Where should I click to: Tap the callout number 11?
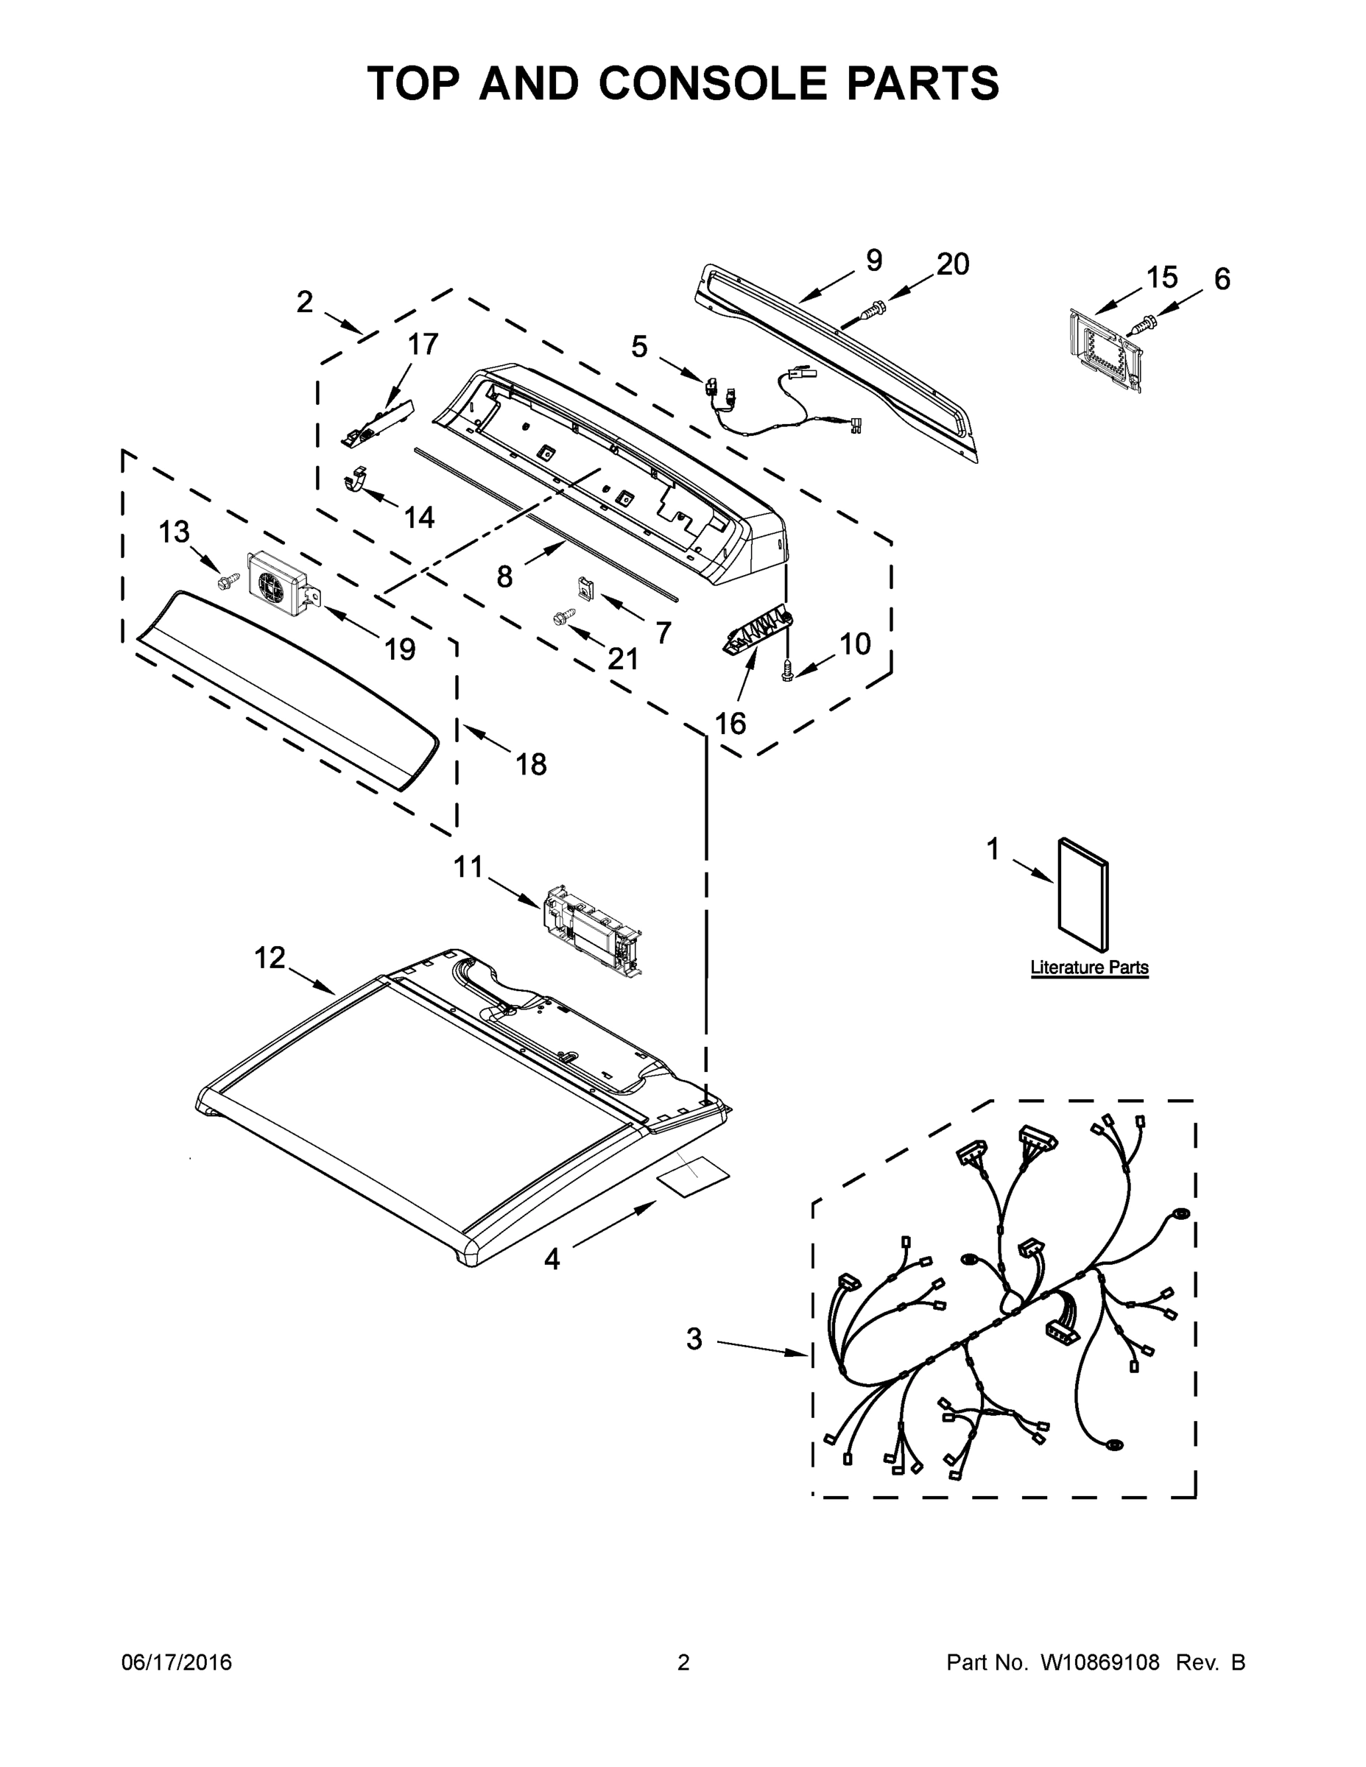468,867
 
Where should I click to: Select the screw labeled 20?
873,308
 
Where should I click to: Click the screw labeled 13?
229,579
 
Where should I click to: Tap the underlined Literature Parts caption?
1089,967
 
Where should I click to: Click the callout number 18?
531,763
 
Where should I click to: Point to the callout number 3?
694,1339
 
